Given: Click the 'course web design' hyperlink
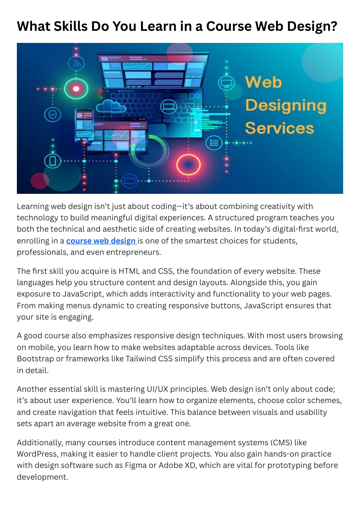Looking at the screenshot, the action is [x=101, y=241].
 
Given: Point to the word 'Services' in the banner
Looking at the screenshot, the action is [x=279, y=128].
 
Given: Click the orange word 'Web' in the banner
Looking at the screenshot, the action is [x=263, y=82].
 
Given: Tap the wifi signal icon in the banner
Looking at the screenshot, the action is [x=76, y=63].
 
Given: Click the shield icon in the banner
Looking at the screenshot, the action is [x=52, y=115].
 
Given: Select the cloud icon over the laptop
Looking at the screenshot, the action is [x=111, y=106].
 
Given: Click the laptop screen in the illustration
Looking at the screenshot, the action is [x=153, y=71].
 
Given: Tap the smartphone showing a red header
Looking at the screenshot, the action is [x=84, y=125].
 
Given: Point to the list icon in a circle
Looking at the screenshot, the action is [x=214, y=143].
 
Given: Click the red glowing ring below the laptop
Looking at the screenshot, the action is [x=188, y=165].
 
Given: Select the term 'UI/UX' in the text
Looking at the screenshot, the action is [x=157, y=389].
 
